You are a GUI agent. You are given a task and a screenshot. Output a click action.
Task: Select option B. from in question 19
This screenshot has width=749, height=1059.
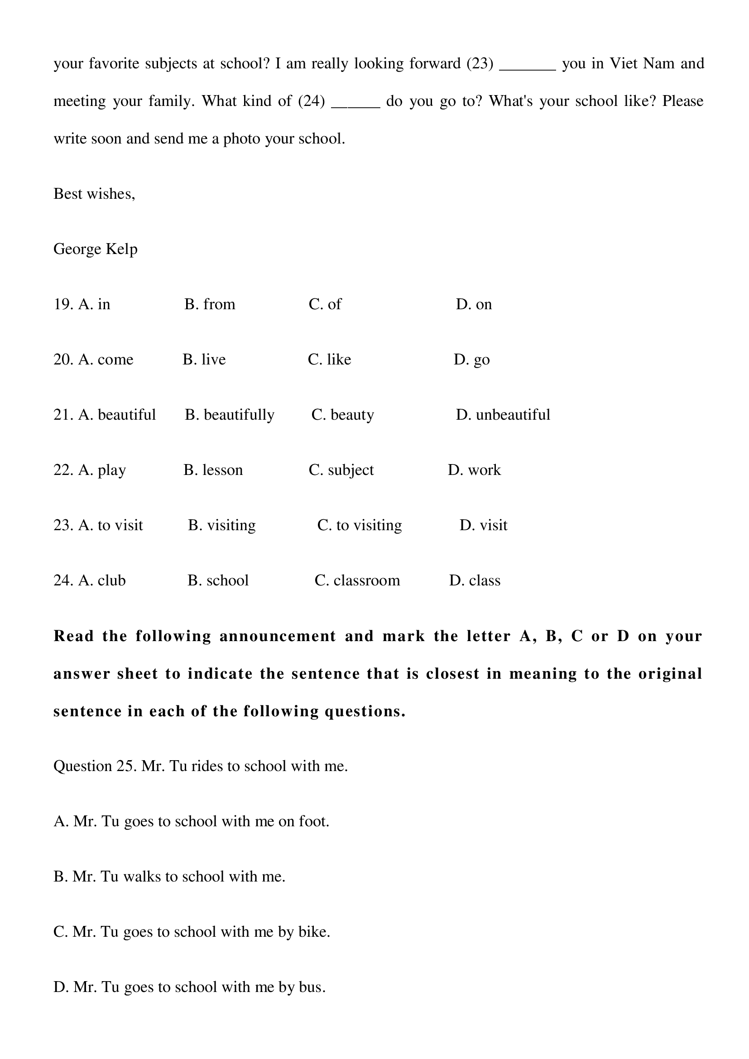210,304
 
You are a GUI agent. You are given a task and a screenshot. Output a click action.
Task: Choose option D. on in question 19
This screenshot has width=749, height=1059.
474,304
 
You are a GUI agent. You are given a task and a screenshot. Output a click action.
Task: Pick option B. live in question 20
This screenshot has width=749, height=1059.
204,360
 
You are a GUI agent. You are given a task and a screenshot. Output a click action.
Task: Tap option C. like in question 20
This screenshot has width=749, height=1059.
329,360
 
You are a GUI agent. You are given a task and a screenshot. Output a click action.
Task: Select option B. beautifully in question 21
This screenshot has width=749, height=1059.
229,415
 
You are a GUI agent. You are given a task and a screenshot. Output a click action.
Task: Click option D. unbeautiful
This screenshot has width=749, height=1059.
503,415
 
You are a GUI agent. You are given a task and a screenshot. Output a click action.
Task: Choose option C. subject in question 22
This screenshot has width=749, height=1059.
341,470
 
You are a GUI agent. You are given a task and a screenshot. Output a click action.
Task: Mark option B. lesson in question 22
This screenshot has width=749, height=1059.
213,470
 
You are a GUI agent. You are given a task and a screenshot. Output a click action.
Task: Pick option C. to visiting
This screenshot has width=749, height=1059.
359,526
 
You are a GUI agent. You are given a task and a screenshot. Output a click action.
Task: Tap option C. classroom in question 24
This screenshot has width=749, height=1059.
357,581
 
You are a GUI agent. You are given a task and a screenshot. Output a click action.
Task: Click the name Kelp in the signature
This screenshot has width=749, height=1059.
122,249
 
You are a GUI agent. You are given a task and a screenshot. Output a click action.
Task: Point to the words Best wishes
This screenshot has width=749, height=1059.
94,194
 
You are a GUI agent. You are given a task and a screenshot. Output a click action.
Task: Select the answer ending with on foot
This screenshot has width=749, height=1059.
192,821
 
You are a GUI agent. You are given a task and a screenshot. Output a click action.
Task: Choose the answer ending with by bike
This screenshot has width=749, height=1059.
192,932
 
